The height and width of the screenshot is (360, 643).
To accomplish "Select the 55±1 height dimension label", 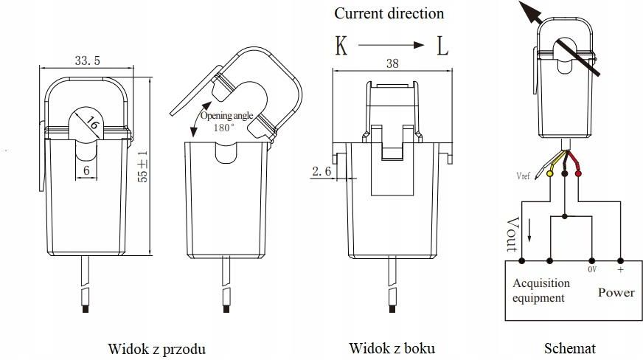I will [145, 166].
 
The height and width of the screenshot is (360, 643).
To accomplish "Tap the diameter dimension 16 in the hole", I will [92, 122].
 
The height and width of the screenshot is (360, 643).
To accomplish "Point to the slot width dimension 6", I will [86, 169].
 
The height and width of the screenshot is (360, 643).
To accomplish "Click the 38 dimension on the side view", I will [392, 64].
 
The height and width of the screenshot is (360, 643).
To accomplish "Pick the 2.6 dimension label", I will [321, 171].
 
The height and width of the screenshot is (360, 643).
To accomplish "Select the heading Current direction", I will [389, 13].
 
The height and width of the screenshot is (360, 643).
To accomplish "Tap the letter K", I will [341, 46].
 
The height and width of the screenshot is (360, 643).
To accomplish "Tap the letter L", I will [442, 46].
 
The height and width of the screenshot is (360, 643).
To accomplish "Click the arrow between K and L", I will [392, 46].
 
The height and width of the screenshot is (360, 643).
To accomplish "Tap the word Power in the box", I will [616, 292].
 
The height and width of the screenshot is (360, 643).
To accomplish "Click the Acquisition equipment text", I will [541, 291].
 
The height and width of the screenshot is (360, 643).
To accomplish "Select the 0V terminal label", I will [592, 270].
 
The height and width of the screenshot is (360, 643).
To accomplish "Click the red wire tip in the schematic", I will [577, 173].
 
